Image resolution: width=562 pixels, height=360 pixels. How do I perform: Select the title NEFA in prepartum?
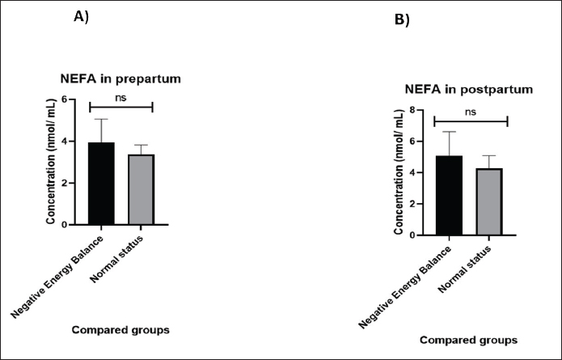click(x=120, y=78)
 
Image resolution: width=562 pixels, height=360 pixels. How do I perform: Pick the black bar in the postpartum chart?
click(x=448, y=195)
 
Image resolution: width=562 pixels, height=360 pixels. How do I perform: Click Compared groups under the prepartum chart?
click(x=120, y=329)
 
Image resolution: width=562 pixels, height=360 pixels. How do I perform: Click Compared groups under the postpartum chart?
click(x=467, y=339)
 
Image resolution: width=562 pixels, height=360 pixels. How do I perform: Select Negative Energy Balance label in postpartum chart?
click(x=404, y=284)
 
